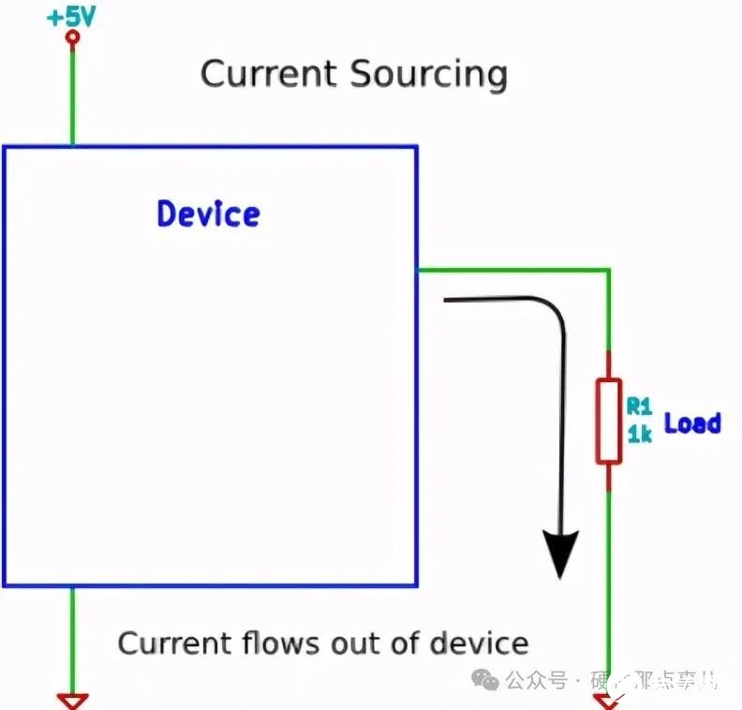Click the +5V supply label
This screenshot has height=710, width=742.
[72, 16]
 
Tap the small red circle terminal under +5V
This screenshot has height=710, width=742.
[72, 38]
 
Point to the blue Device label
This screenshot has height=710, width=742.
[208, 214]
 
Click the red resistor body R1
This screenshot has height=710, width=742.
[609, 421]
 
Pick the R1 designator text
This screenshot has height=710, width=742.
[639, 406]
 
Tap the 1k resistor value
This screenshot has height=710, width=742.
[639, 434]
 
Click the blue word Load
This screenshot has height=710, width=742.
[692, 422]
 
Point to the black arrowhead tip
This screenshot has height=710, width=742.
[560, 573]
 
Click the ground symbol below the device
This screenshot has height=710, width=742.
[72, 699]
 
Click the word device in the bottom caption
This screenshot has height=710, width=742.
[479, 643]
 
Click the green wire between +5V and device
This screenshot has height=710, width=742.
[72, 94]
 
